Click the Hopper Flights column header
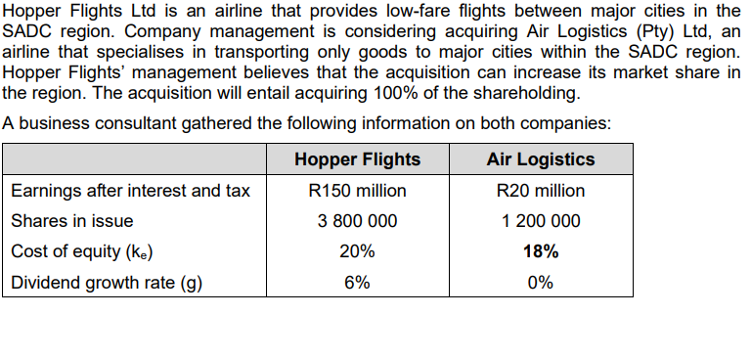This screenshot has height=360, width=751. [357, 159]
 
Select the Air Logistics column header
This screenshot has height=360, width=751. [540, 159]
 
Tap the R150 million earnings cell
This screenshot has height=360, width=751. [357, 191]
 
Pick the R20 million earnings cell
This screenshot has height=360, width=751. [540, 191]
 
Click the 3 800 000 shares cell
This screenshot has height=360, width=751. [357, 221]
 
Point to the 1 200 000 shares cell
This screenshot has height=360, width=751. [540, 221]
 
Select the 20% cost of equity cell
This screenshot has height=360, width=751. [357, 251]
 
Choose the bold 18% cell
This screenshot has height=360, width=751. [541, 251]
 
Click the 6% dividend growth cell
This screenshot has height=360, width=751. [357, 282]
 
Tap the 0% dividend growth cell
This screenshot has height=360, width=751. [540, 282]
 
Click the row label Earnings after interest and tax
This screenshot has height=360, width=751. [130, 191]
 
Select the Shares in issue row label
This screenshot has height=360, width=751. [71, 221]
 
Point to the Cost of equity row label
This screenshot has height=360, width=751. [81, 251]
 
